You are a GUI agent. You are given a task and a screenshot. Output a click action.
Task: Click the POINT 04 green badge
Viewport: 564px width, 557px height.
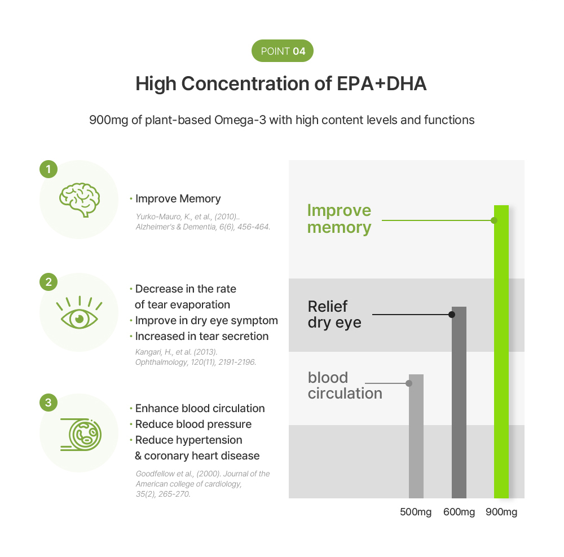pos(282,51)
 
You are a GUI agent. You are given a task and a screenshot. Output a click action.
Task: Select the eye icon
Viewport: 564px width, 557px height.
pos(80,313)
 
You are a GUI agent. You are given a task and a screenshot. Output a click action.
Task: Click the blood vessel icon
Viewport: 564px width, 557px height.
pos(80,433)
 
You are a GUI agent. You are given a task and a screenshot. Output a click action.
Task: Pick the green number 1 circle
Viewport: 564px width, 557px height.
pos(49,169)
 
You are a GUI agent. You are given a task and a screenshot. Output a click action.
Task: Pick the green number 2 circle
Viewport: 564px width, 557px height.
pos(49,282)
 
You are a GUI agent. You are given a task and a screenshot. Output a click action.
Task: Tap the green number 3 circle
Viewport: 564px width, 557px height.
pos(49,403)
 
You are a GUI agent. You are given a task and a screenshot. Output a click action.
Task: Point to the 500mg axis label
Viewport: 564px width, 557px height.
pos(416,512)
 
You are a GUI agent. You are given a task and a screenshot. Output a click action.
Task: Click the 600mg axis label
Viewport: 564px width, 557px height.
pos(459,512)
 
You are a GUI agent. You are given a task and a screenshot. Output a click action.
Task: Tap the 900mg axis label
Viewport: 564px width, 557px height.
pos(501,512)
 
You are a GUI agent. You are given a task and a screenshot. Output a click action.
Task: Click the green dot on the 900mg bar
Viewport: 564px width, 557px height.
pos(495,220)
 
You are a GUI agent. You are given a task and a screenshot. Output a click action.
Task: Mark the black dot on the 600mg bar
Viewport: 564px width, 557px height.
pos(452,315)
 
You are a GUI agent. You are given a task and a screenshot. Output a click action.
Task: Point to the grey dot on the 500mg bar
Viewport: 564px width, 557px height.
pos(409,383)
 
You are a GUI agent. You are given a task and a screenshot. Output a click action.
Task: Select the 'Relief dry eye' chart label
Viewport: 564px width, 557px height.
pos(334,315)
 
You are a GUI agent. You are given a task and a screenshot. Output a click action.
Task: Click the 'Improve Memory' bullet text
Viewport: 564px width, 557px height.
pos(178,198)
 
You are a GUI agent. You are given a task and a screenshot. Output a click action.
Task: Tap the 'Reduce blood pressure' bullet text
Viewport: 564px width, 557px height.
pos(193,424)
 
